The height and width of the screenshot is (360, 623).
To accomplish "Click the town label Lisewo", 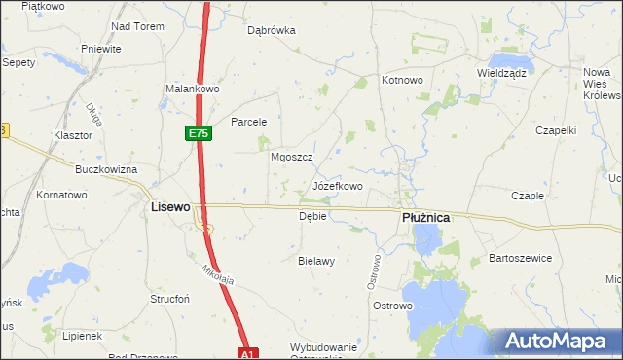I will pos(169,207).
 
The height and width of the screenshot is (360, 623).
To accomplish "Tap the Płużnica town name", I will pos(425,218).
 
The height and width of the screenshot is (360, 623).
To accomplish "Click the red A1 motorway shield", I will pos(247,353).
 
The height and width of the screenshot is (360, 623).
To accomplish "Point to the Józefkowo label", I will pos(338,185).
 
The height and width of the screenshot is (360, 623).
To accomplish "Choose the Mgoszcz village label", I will pos(290,156).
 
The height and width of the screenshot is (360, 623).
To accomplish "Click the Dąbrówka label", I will pos(271,30).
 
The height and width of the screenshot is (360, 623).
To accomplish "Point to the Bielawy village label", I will pos(316,261).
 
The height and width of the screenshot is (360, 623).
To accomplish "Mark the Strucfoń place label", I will pos(169,299).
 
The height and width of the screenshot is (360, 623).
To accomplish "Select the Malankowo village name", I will pos(194,89).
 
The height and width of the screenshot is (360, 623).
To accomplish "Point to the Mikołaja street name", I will pos(220,273).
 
